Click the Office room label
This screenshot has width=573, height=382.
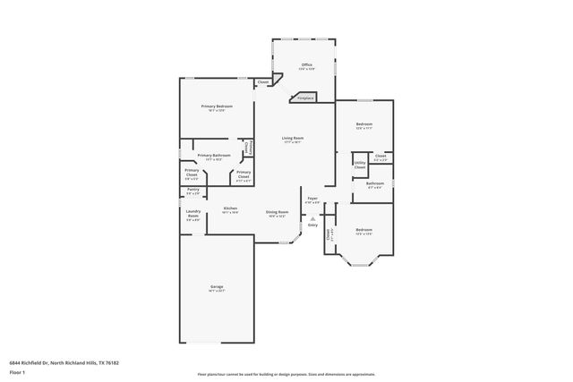(306, 64)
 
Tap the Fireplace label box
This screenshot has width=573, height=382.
(306, 98)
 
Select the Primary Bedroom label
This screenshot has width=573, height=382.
(209, 106)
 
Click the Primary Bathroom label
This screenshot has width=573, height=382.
(214, 156)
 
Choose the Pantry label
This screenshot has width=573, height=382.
(192, 190)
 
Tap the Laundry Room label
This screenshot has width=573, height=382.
(192, 214)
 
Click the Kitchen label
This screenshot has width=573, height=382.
(230, 208)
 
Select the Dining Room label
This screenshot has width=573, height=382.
(277, 212)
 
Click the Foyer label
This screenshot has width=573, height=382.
(312, 199)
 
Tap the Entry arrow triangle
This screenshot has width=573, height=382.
(312, 217)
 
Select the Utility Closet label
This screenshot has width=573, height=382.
(359, 165)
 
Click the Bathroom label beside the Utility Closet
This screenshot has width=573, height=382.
(374, 183)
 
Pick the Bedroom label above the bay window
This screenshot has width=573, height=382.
(363, 231)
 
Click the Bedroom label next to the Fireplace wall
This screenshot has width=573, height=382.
(363, 124)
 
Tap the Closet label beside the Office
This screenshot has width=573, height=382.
(263, 82)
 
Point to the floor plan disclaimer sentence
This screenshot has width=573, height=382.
(286, 373)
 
